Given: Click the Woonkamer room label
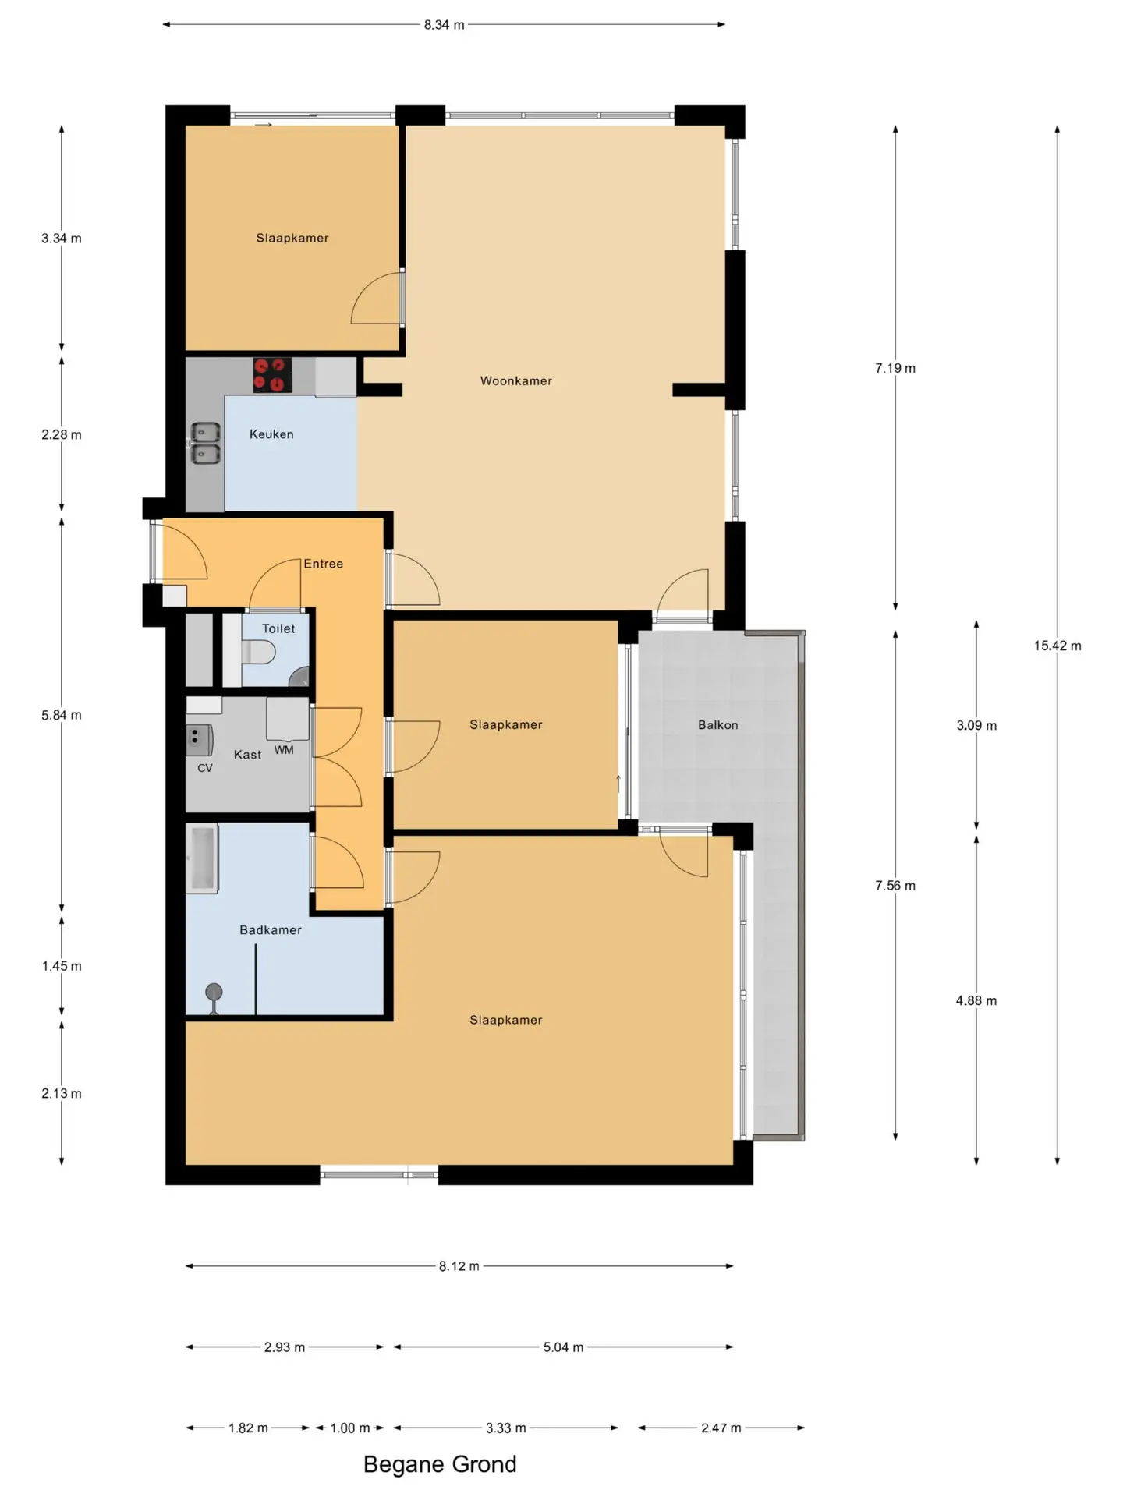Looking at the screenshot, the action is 515,380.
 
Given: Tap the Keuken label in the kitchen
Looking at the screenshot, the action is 271,434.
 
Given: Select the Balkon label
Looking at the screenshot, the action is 717,725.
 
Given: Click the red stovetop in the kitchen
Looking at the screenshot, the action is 272,375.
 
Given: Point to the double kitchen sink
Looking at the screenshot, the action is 206,443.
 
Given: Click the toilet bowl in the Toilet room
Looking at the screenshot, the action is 257,652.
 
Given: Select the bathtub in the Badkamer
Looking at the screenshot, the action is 202,858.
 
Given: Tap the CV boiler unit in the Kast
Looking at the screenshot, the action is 199,740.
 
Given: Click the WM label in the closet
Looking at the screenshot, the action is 284,750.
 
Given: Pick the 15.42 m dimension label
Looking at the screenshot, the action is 1057,646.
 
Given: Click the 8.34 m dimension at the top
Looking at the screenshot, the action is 444,25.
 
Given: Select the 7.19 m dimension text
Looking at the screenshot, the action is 895,368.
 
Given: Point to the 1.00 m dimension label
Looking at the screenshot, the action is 349,1428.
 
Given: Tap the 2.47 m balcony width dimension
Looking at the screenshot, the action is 721,1428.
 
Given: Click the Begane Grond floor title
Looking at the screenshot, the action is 440,1465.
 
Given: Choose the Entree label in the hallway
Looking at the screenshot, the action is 323,564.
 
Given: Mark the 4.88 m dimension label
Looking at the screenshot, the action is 976,1001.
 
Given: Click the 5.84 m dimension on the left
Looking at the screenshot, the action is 62,715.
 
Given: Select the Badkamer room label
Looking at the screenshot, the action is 270,930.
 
